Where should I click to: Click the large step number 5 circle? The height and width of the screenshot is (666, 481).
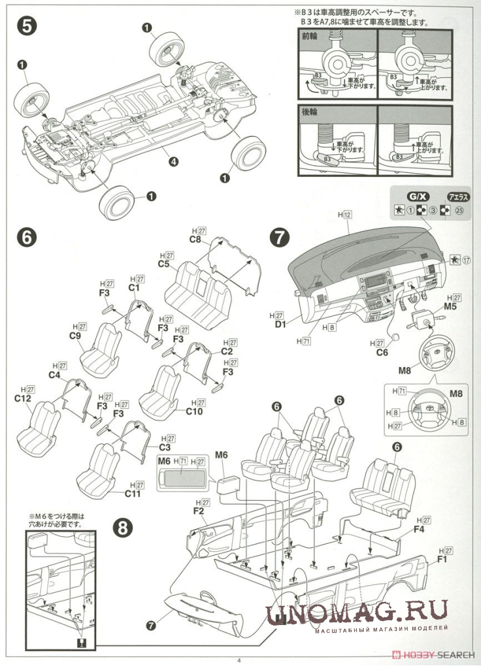coord(27,27)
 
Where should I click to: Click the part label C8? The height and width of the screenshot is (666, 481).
coord(195,240)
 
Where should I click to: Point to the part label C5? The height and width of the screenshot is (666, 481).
coord(163,264)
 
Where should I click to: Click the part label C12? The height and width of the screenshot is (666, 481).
coord(24,398)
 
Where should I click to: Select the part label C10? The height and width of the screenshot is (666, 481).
coord(195,411)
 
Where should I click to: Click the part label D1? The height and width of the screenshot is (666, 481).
coord(281,324)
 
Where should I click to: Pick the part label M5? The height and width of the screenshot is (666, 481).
coord(450,306)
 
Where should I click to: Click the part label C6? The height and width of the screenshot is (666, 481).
coord(382,353)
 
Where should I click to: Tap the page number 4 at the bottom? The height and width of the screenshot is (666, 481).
coord(239,660)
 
